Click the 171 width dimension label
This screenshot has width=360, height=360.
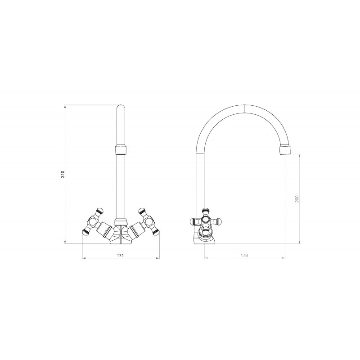click(121, 256)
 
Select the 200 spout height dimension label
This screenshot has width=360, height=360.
click(297, 199)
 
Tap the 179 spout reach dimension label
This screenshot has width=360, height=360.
click(244, 255)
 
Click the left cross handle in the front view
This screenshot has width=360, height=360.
click(93, 221)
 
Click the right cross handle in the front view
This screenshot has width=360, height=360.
click(149, 221)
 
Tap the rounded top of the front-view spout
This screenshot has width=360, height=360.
click(121, 108)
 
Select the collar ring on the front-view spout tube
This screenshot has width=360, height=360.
click(121, 149)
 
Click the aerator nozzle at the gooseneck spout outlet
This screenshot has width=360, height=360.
click(285, 149)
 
